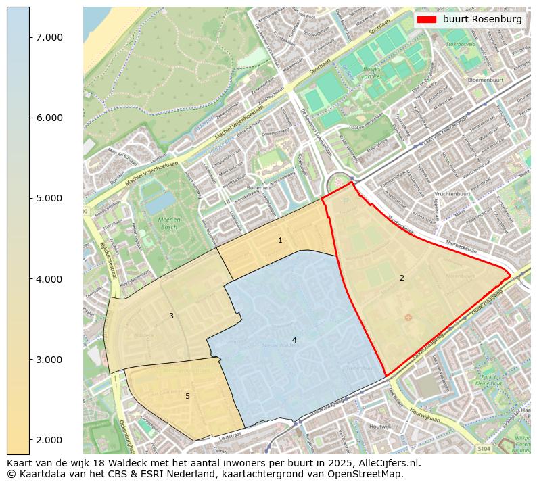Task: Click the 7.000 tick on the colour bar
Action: pyautogui.click(x=49, y=37)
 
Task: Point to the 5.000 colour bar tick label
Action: pyautogui.click(x=49, y=198)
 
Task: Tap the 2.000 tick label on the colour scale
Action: pyautogui.click(x=49, y=440)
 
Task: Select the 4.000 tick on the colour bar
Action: pyautogui.click(x=49, y=278)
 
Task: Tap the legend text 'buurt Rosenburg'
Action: pyautogui.click(x=482, y=20)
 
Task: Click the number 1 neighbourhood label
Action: pyautogui.click(x=280, y=241)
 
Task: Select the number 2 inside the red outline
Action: pyautogui.click(x=402, y=278)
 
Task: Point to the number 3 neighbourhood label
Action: pyautogui.click(x=171, y=316)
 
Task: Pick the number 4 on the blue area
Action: pyautogui.click(x=294, y=340)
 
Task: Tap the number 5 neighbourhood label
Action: pyautogui.click(x=187, y=396)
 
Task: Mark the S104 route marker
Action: pyautogui.click(x=483, y=448)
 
